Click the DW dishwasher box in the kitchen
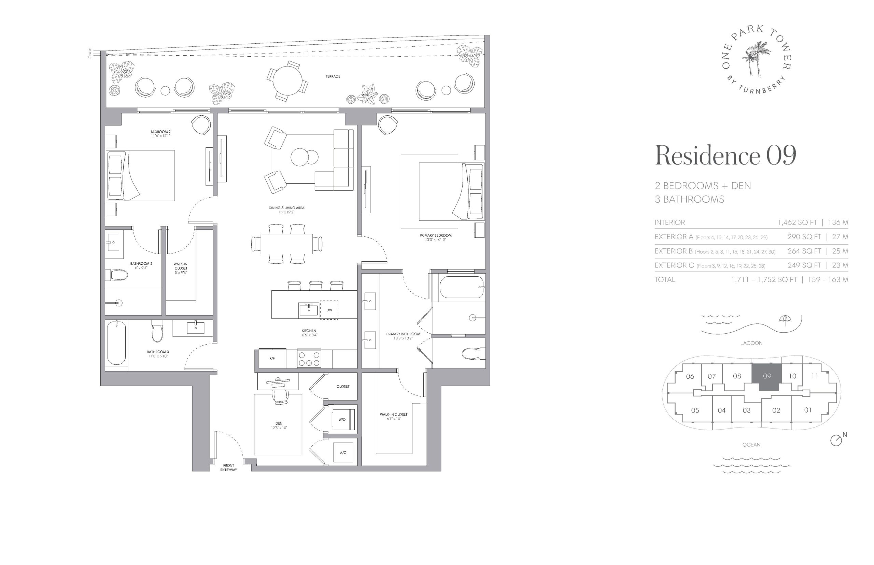click(x=329, y=310)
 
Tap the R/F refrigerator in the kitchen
click(x=272, y=358)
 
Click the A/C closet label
click(x=343, y=452)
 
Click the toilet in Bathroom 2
click(x=116, y=275)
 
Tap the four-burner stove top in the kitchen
click(x=309, y=359)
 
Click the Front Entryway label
click(x=228, y=467)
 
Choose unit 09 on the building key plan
click(x=766, y=377)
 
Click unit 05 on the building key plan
click(x=695, y=410)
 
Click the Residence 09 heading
click(x=725, y=156)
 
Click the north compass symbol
click(x=836, y=440)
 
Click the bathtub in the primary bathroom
click(x=461, y=287)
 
